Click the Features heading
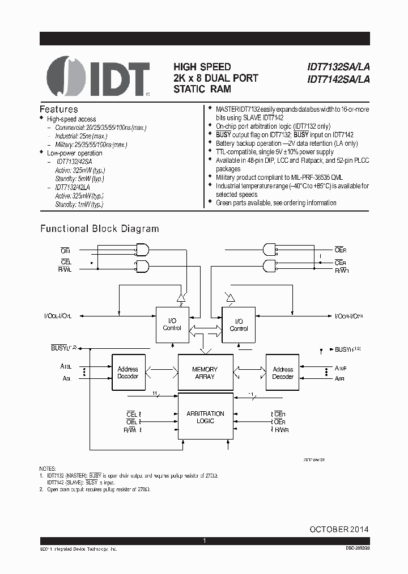coord(59,109)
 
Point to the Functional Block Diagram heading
coord(99,229)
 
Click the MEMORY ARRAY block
coord(205,373)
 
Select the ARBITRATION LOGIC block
coord(205,417)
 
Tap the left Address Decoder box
coord(128,373)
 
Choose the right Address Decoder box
coord(283,373)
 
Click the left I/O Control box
coord(172,324)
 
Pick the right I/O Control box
coord(239,325)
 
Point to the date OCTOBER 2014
coord(339,529)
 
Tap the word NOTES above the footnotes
coord(48,468)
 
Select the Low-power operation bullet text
coord(74,153)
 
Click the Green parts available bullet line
coord(276,202)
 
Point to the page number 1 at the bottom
coord(205,541)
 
